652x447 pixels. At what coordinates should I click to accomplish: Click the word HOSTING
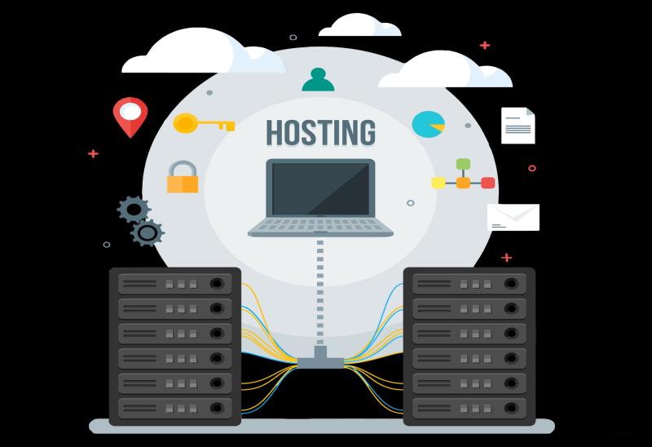[x=320, y=133]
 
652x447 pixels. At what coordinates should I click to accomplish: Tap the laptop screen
[x=320, y=188]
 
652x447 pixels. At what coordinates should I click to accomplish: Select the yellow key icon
[x=204, y=123]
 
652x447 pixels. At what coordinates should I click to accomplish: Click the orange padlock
[x=183, y=177]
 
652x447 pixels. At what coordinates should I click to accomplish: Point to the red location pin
[x=130, y=117]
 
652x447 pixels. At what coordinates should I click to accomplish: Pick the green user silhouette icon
[x=318, y=79]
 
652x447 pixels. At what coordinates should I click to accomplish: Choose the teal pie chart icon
[x=429, y=124]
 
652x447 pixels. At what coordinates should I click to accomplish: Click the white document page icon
[x=518, y=126]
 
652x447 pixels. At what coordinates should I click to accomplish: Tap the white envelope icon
[x=513, y=217]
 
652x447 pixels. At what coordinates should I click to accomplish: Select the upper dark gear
[x=134, y=210]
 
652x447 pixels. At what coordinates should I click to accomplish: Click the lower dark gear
[x=148, y=233]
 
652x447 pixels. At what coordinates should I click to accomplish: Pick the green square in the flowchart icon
[x=463, y=164]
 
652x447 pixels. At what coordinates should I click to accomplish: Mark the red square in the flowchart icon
[x=487, y=183]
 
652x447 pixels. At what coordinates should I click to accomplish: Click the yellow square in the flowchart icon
[x=438, y=183]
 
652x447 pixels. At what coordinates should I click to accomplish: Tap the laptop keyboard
[x=320, y=227]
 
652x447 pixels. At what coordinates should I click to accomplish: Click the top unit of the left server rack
[x=175, y=284]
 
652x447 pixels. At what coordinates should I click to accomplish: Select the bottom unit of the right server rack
[x=469, y=409]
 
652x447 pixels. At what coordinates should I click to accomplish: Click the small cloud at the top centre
[x=359, y=25]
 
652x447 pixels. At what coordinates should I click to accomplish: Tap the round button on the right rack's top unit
[x=511, y=284]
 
